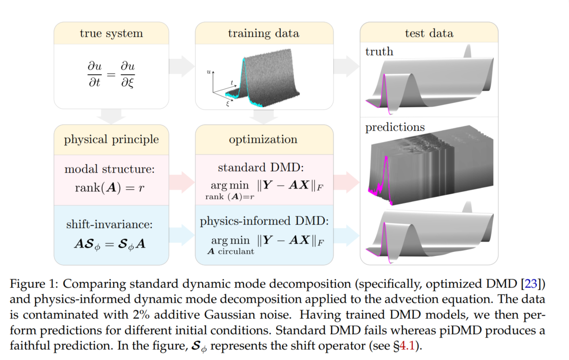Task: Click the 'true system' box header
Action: pyautogui.click(x=111, y=33)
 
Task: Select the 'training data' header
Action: pyautogui.click(x=263, y=33)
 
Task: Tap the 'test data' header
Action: pyautogui.click(x=429, y=33)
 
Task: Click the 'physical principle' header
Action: pyautogui.click(x=111, y=139)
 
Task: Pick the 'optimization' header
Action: pyautogui.click(x=263, y=139)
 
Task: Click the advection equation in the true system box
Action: pyautogui.click(x=111, y=74)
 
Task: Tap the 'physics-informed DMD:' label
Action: pyautogui.click(x=264, y=222)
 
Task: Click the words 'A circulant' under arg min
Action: pyautogui.click(x=231, y=251)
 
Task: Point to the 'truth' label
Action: pyautogui.click(x=379, y=51)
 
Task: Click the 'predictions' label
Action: pyautogui.click(x=395, y=127)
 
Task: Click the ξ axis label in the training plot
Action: pyautogui.click(x=227, y=104)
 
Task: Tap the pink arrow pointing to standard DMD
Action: pyautogui.click(x=182, y=180)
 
